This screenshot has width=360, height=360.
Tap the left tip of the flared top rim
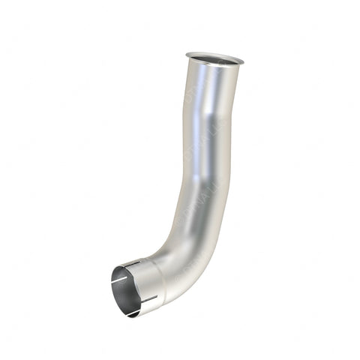185,54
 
